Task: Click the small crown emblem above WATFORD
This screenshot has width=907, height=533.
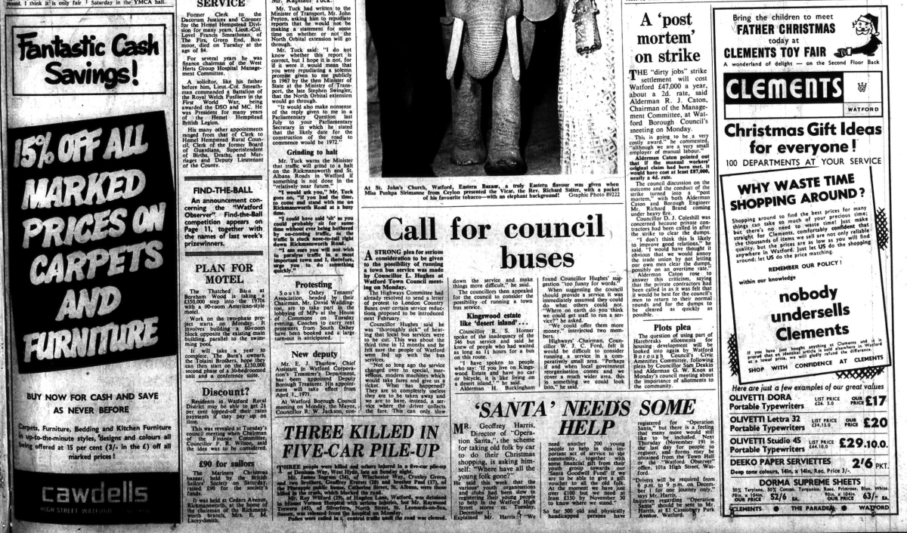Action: [x=861, y=86]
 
